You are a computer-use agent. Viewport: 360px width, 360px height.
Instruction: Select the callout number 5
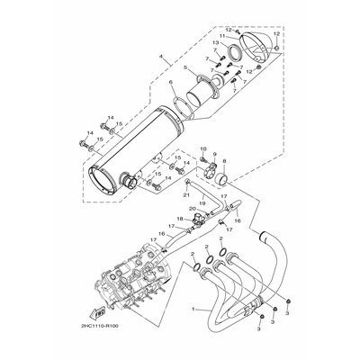coord(184,67)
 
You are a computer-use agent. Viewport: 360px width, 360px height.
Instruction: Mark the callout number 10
coord(202,147)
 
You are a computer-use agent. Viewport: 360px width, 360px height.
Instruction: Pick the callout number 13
coord(215,43)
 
